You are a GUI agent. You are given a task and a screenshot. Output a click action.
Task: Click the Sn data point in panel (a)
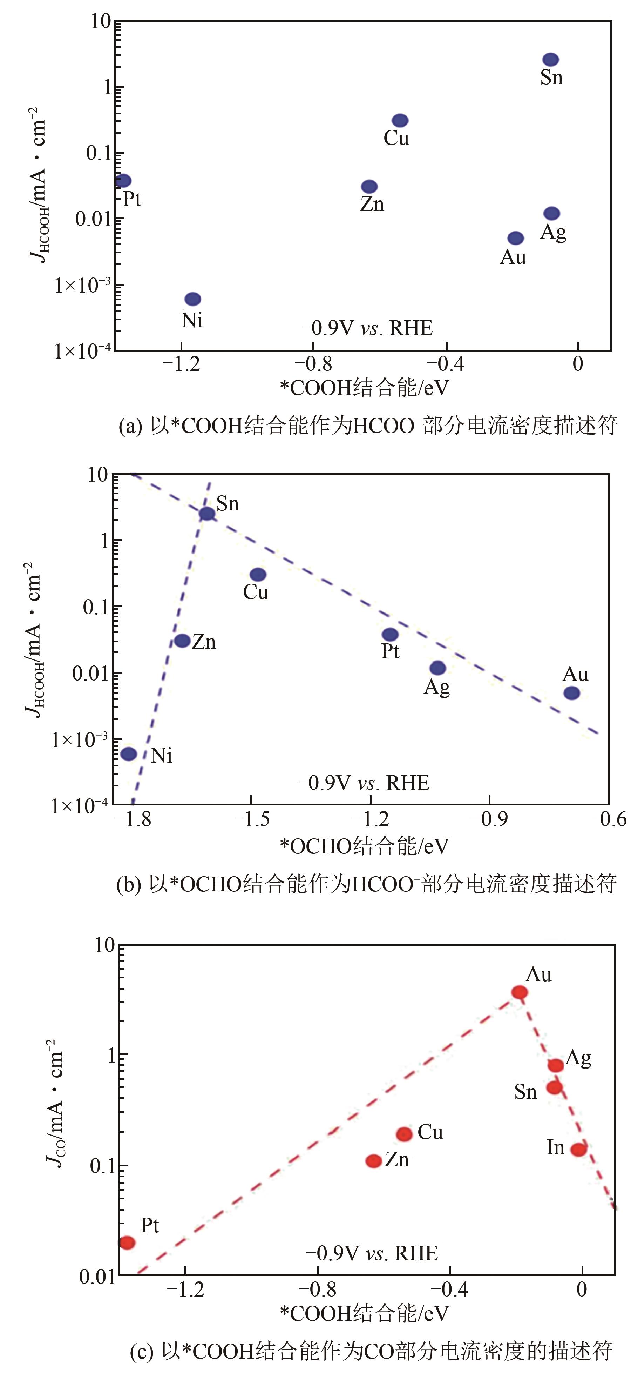click(x=551, y=60)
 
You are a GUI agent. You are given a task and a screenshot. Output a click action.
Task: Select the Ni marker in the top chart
click(x=193, y=299)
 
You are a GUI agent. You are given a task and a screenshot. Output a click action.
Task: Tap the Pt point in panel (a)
click(x=123, y=181)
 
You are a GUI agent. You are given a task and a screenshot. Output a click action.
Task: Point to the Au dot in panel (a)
click(x=515, y=238)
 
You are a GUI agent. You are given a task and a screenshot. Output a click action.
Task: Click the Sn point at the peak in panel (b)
click(x=207, y=513)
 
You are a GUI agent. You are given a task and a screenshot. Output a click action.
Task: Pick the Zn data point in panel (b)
click(x=182, y=641)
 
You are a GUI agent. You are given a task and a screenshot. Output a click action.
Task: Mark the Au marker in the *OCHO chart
click(x=571, y=693)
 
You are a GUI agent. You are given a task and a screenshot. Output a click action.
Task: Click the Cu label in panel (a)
click(x=396, y=138)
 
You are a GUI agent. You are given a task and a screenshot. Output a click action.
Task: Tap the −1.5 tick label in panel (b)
click(x=251, y=819)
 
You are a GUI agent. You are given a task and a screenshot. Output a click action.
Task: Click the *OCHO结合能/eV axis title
click(x=365, y=846)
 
